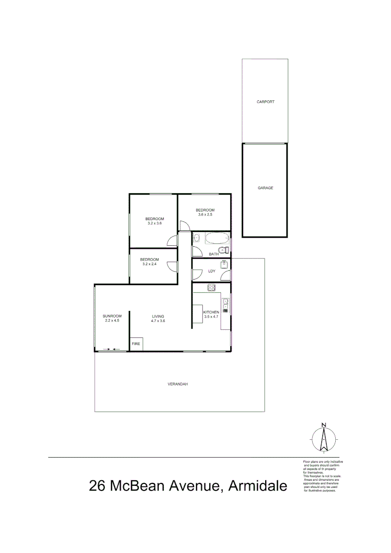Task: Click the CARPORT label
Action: (x=266, y=102)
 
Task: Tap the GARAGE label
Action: (x=266, y=188)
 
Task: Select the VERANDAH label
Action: (x=178, y=384)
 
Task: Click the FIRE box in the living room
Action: (x=136, y=344)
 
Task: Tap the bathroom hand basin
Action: (x=196, y=239)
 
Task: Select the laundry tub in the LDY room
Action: (x=224, y=265)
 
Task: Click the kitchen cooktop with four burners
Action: (x=212, y=288)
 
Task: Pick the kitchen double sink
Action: (x=226, y=307)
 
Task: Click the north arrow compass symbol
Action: (x=324, y=438)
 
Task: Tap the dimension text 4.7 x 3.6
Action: (x=158, y=321)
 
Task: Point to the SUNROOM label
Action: (x=112, y=315)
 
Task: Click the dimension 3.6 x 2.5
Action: (x=205, y=215)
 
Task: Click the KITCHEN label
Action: (x=211, y=312)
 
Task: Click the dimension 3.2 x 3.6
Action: (x=155, y=223)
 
